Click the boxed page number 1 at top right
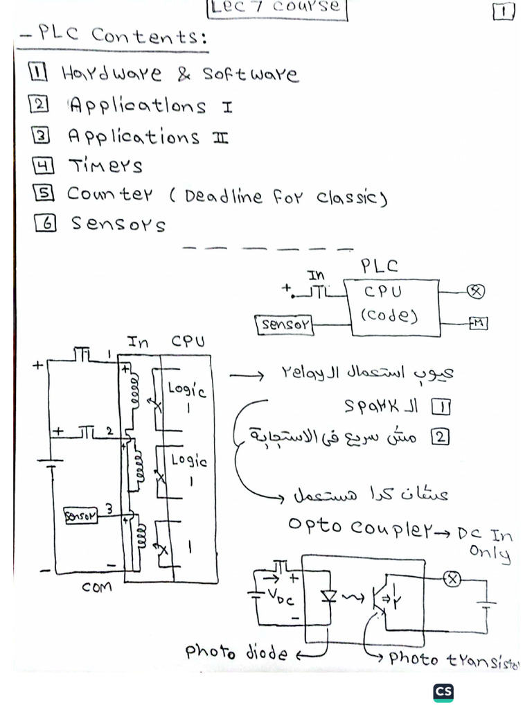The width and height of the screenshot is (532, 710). click(503, 12)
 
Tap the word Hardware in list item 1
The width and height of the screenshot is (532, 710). click(111, 73)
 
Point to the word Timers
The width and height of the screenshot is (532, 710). click(105, 166)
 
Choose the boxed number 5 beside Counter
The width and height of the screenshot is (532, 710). click(43, 193)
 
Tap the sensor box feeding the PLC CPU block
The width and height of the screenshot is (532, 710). click(285, 324)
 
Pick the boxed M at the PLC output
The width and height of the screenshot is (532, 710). click(478, 323)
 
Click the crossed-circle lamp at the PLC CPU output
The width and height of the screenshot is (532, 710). click(475, 291)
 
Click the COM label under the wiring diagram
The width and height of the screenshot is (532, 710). click(97, 587)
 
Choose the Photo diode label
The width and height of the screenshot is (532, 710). click(236, 652)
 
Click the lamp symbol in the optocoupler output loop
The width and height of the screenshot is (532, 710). click(452, 578)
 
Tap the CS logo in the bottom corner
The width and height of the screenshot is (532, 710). click(443, 692)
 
